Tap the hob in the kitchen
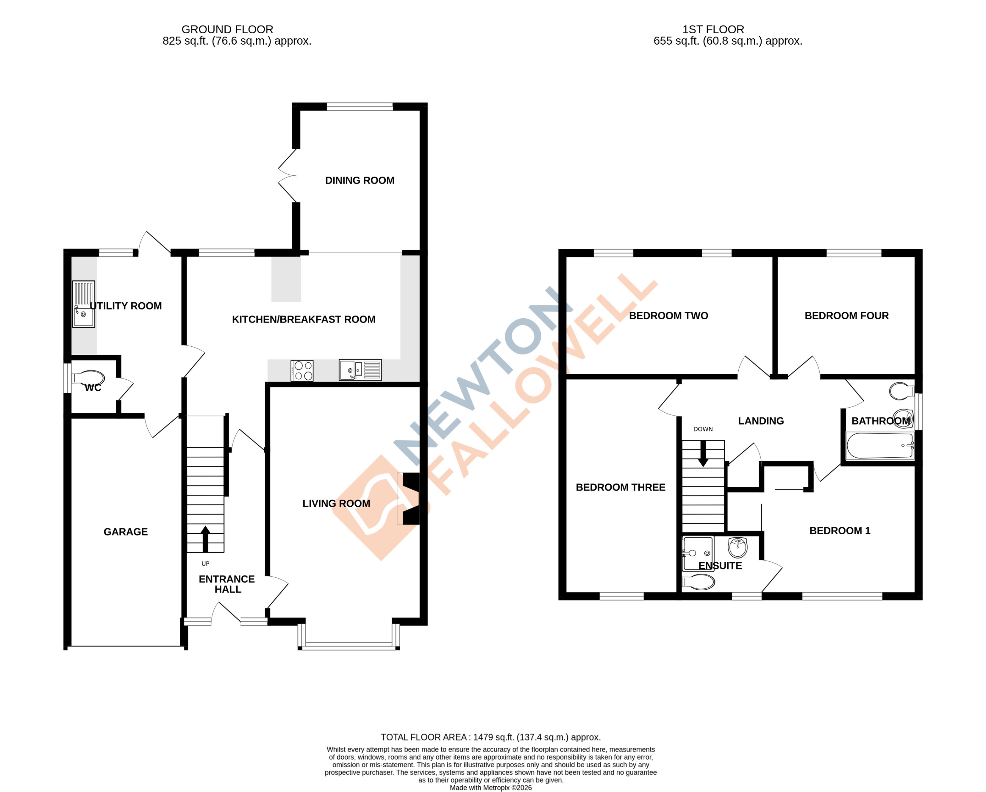302,371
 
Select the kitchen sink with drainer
360,370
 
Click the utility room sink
83,304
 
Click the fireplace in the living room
409,498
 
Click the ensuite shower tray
697,553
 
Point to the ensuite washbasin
737,547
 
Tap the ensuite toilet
699,582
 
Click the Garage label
125,532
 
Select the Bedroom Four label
846,316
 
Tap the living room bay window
349,645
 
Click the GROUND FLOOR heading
227,29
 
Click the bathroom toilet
901,391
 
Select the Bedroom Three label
620,487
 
